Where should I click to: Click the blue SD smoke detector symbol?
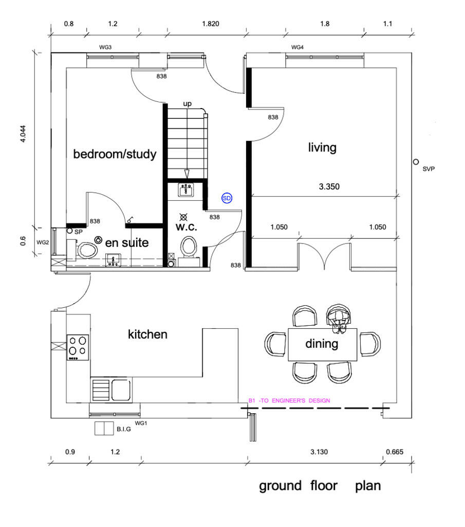[227, 198]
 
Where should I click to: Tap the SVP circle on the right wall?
[416, 162]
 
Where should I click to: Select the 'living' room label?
[322, 148]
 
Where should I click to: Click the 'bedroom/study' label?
[115, 154]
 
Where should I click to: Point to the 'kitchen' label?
[147, 334]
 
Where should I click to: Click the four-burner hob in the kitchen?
[78, 347]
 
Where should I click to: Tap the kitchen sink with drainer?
[111, 390]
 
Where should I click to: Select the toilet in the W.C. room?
[188, 248]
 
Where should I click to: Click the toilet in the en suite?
[83, 251]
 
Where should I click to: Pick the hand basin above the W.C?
[185, 190]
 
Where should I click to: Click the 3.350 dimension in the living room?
[329, 186]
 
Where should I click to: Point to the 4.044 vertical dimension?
[23, 134]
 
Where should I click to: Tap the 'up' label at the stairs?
[187, 104]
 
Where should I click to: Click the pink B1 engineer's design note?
[289, 400]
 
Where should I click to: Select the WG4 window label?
[297, 47]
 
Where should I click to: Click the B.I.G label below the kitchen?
[124, 429]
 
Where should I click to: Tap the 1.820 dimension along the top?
[211, 24]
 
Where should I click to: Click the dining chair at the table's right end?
[370, 344]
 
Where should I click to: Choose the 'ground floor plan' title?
[320, 486]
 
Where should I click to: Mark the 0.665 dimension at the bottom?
[395, 452]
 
